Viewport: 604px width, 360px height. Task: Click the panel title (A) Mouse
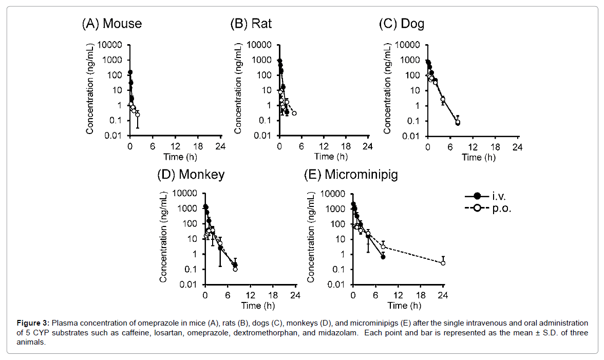click(x=111, y=24)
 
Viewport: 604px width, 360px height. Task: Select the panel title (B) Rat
click(x=251, y=24)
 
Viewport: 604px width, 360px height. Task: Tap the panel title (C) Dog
click(x=401, y=24)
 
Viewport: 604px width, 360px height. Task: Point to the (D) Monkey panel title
click(x=191, y=174)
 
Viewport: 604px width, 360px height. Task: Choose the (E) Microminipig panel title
click(x=351, y=174)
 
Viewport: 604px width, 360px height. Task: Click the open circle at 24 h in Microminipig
click(x=443, y=263)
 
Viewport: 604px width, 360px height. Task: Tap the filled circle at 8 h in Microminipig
click(x=383, y=257)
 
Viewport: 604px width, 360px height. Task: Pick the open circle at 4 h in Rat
click(x=294, y=113)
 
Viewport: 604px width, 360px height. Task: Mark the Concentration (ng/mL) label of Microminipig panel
click(x=311, y=237)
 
